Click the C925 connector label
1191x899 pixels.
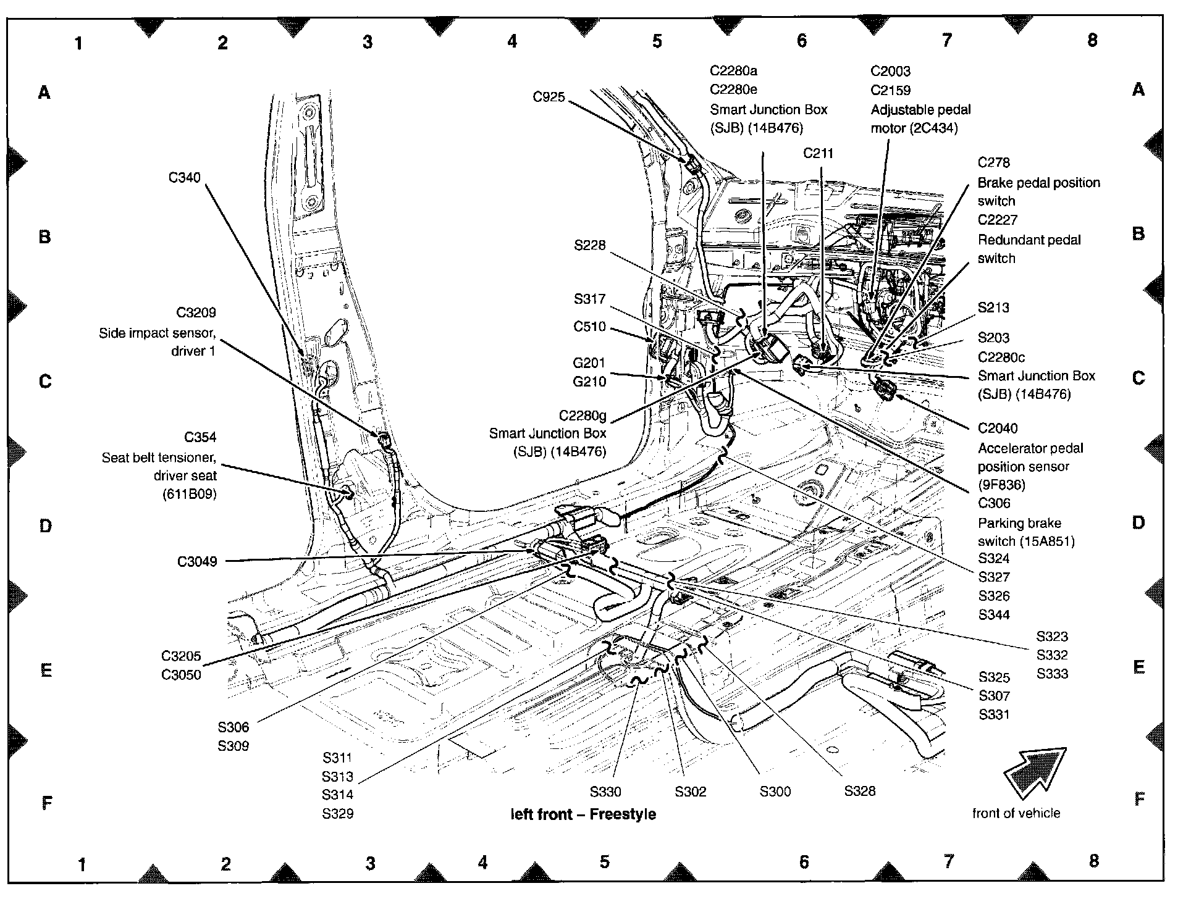tap(549, 97)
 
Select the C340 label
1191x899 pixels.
tap(184, 178)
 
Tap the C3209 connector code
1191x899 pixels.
tap(196, 313)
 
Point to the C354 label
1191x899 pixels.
tap(200, 438)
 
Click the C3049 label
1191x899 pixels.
tap(197, 562)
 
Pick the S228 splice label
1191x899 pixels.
tap(589, 246)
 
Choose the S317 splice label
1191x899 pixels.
tap(589, 299)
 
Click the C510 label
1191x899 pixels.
tap(589, 327)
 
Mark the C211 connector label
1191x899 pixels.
tap(818, 153)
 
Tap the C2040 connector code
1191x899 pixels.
tap(998, 429)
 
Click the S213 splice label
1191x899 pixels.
tap(993, 307)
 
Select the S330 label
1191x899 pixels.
tap(605, 792)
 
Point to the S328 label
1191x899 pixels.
tap(860, 791)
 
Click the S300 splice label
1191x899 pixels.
tap(775, 792)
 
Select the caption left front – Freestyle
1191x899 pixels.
tap(583, 814)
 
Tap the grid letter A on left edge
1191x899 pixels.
tap(44, 93)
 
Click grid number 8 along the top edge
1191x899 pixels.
tap(1092, 40)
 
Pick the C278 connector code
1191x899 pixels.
tap(993, 162)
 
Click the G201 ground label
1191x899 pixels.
tap(589, 363)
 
